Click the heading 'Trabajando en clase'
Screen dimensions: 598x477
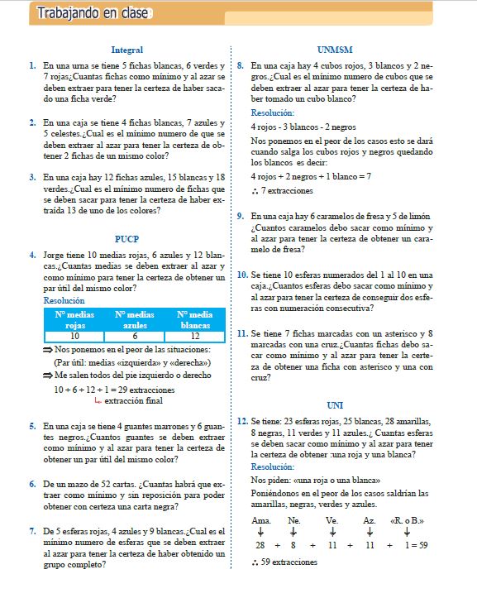pos(85,13)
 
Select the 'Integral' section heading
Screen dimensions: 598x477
pos(126,50)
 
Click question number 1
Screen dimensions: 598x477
pos(31,64)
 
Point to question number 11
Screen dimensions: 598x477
pos(242,334)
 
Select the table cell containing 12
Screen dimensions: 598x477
pos(195,337)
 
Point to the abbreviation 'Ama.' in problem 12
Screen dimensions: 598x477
pos(260,519)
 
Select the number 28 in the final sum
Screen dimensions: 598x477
pos(260,546)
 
